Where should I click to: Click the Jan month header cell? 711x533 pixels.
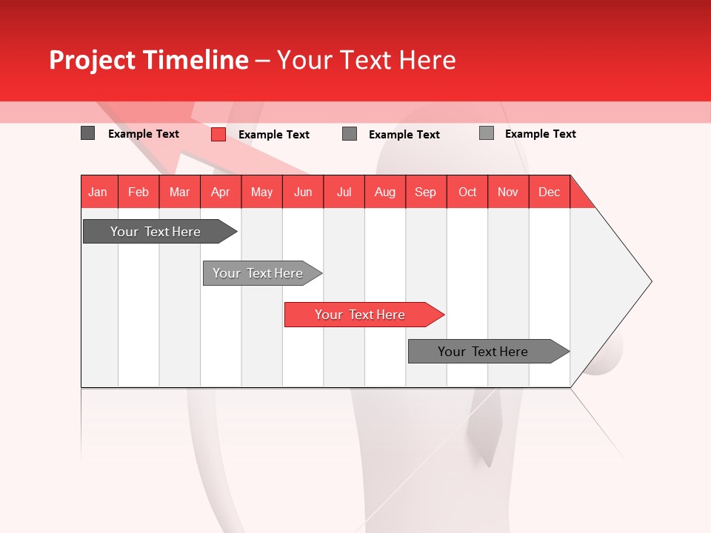(x=99, y=192)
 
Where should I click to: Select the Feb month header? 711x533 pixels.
(x=138, y=192)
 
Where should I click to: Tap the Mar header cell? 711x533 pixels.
(x=179, y=192)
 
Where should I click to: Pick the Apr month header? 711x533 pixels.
(x=221, y=192)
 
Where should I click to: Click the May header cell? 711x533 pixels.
(x=261, y=192)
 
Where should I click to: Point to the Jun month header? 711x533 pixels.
(x=303, y=192)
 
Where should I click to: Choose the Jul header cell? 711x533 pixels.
(x=344, y=192)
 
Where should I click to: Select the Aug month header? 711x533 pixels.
(x=385, y=192)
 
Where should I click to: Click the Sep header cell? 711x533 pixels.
(x=426, y=192)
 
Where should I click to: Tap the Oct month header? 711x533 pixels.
(x=467, y=192)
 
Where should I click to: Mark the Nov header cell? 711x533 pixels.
(x=508, y=192)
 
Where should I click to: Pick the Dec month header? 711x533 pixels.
(x=550, y=192)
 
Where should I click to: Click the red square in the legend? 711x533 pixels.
(x=218, y=134)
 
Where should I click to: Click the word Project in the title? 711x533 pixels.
(x=92, y=60)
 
